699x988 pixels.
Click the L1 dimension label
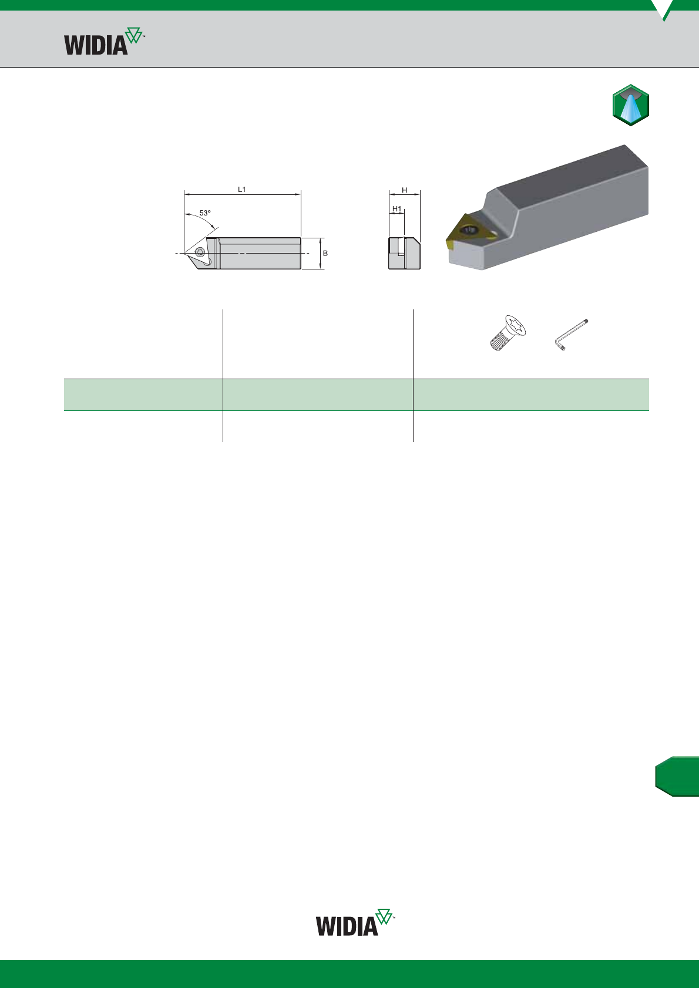(242, 189)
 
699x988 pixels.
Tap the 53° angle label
(205, 213)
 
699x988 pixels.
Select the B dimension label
(325, 253)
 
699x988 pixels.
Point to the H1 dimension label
(397, 208)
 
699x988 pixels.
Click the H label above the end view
(404, 190)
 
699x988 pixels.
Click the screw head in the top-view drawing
(200, 252)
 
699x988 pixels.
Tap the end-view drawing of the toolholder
(404, 253)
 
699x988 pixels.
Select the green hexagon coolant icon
(631, 105)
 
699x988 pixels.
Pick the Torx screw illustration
(508, 333)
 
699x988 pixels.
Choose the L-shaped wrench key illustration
(571, 335)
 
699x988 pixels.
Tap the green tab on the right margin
(677, 776)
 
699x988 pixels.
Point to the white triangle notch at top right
(663, 8)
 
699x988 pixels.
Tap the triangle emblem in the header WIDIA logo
(134, 35)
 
